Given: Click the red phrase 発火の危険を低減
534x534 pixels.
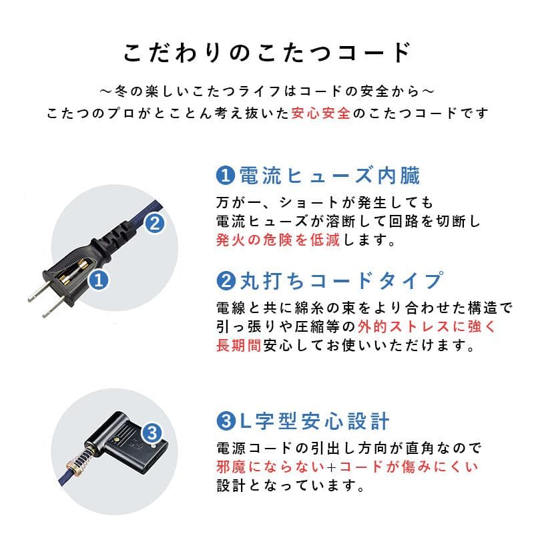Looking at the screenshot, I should [x=278, y=240].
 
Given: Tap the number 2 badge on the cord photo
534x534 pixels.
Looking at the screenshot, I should [x=154, y=224].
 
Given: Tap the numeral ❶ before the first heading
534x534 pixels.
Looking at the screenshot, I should [x=226, y=176].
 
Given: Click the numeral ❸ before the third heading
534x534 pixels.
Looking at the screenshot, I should [x=226, y=421].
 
